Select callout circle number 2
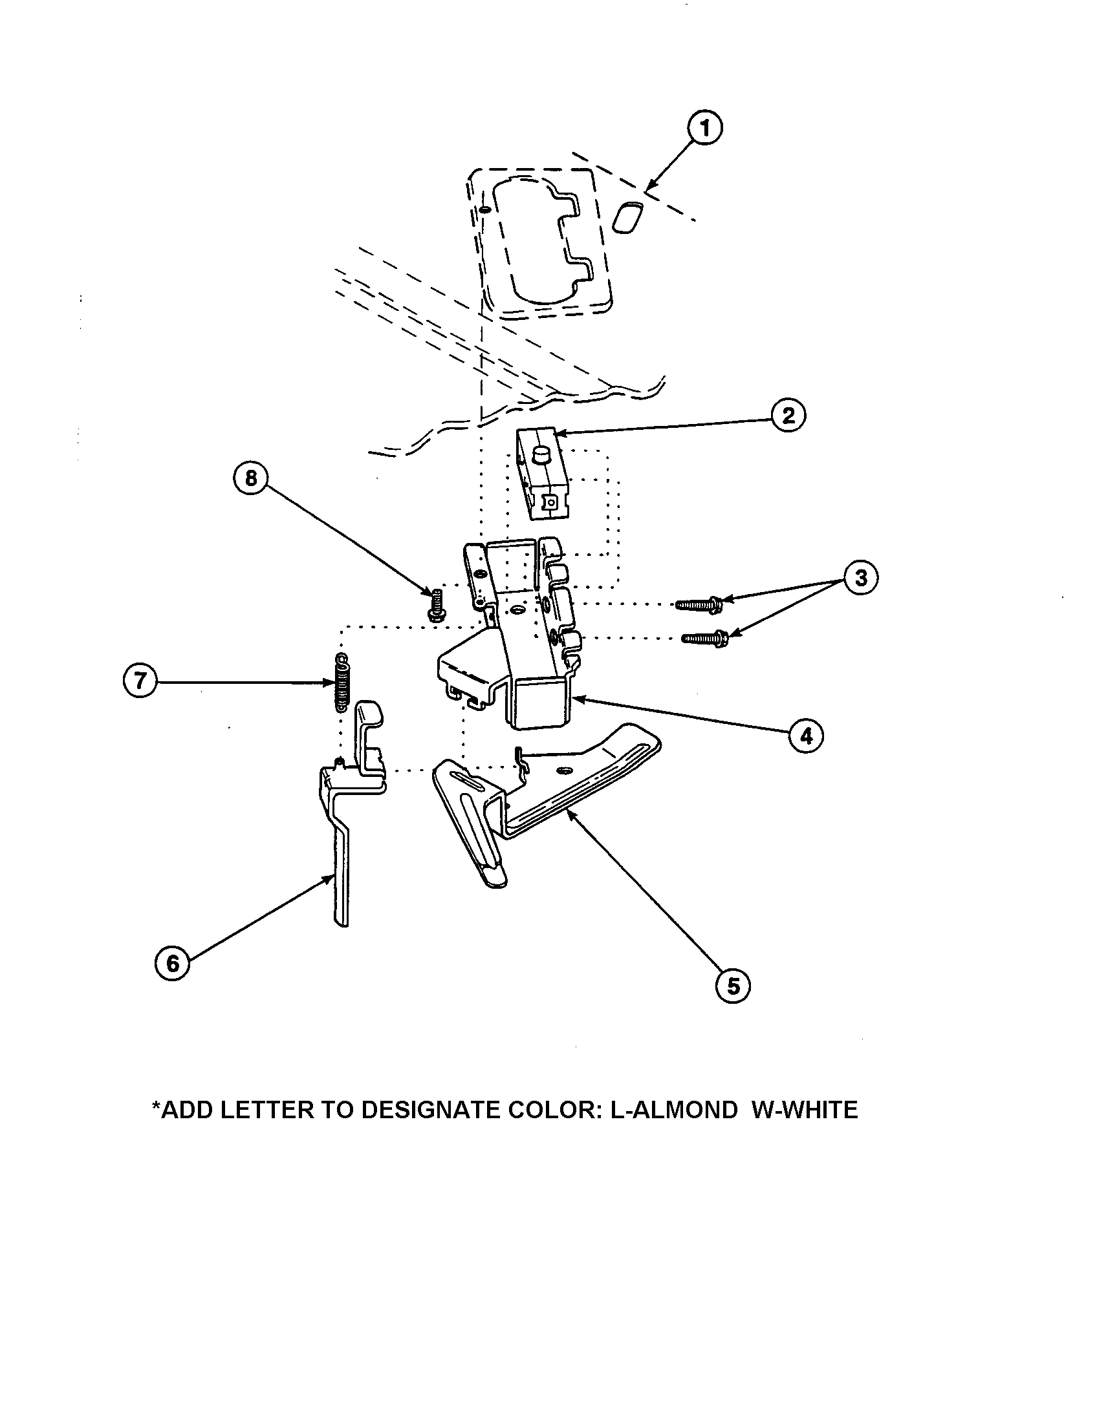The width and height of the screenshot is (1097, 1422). point(788,416)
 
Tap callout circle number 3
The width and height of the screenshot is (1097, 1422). point(860,577)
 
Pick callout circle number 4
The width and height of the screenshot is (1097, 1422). point(806,736)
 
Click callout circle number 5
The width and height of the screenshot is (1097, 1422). point(733,986)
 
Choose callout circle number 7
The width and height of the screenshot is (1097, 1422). point(140,682)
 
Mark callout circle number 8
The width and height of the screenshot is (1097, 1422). point(251,478)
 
